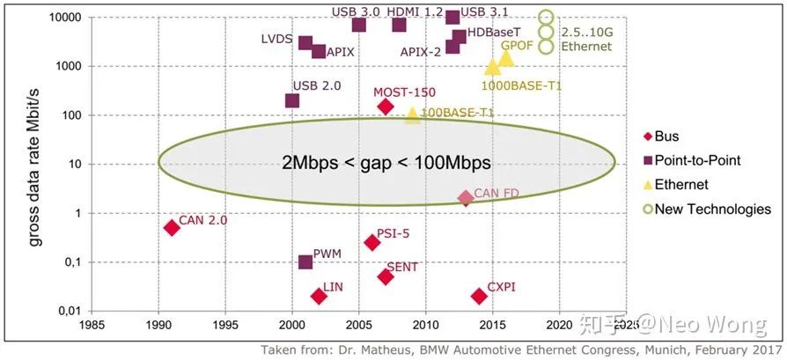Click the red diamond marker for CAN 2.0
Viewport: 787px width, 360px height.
tap(172, 227)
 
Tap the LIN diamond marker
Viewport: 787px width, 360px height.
tap(319, 296)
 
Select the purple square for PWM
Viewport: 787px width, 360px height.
tap(305, 262)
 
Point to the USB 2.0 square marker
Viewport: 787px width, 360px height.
tap(292, 100)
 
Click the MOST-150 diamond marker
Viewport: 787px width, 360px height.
tap(385, 107)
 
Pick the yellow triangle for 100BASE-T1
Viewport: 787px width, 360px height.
tap(412, 115)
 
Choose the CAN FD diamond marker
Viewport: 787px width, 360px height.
tap(466, 198)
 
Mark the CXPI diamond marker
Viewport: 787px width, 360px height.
tap(479, 296)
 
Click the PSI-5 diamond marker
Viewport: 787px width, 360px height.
tap(372, 242)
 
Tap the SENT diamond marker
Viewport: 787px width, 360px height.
tap(386, 276)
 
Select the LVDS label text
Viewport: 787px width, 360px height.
tap(276, 40)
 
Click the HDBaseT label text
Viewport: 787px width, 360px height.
tap(493, 32)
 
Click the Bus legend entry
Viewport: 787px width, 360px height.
tap(666, 136)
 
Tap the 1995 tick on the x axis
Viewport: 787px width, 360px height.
tap(225, 324)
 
